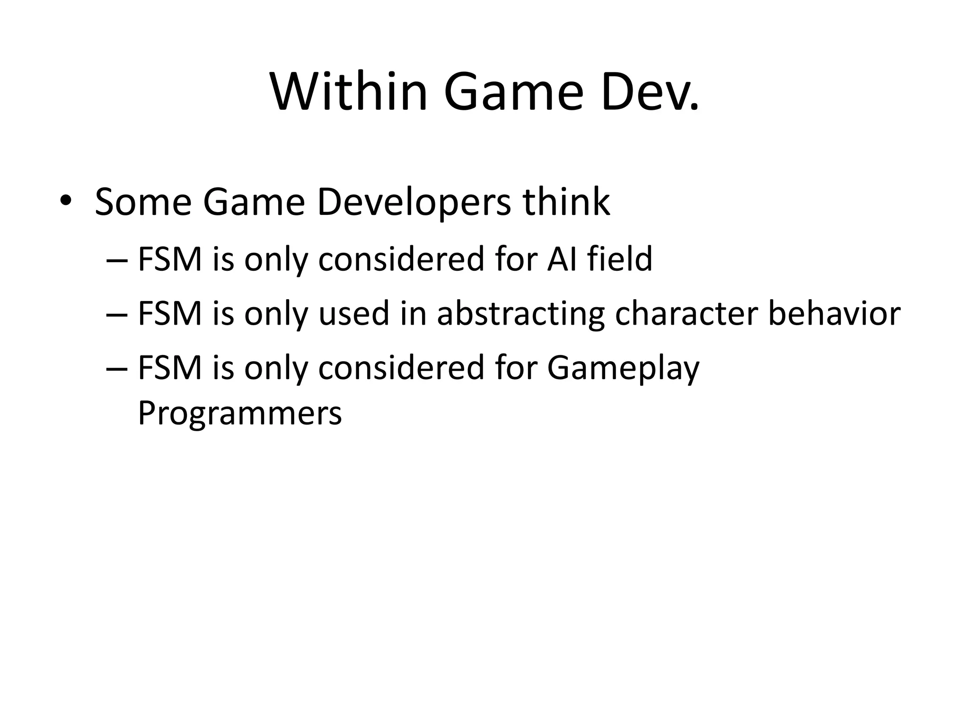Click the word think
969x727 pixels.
point(566,202)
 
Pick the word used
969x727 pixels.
point(354,313)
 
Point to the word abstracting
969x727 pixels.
point(520,314)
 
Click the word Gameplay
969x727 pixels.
point(623,368)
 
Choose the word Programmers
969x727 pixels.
point(239,413)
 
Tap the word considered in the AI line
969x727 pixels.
point(401,259)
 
